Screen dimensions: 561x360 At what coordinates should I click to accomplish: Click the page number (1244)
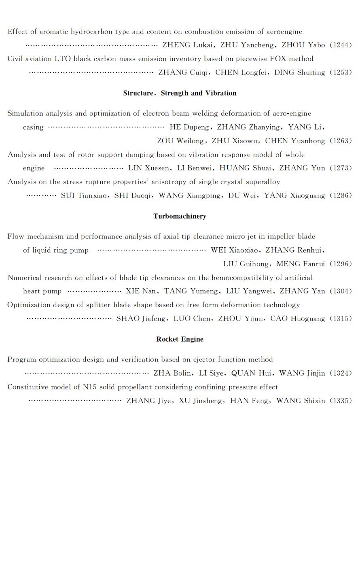coord(341,45)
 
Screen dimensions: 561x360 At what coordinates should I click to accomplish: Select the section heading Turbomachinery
coord(180,216)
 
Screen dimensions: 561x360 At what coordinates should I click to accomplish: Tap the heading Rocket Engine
coord(180,339)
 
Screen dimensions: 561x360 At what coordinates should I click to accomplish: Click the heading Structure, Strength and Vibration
coord(180,93)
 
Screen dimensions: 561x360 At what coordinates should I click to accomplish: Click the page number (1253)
coord(341,73)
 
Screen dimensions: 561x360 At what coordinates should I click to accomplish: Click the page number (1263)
coord(341,141)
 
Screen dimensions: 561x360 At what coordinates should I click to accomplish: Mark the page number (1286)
coord(341,196)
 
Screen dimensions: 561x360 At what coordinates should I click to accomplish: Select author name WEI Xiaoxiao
coord(235,251)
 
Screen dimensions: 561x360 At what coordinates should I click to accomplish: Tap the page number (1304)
coord(341,291)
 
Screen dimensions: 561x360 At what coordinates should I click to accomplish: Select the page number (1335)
coord(341,401)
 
